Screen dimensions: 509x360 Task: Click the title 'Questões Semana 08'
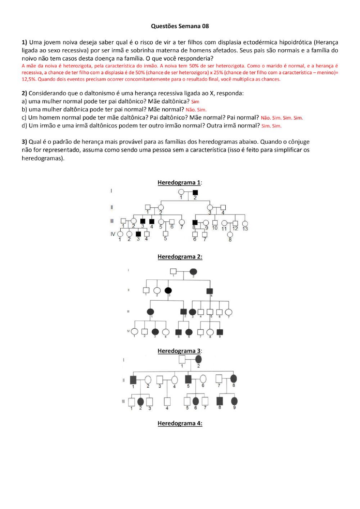180,26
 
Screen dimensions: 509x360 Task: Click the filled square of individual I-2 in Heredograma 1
195,192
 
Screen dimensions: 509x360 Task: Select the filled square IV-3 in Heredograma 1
138,234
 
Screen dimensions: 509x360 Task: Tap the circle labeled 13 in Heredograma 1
245,224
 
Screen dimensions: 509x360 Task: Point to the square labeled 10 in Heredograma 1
215,223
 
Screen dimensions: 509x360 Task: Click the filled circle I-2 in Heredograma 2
193,271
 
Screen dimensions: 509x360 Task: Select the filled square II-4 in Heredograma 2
210,291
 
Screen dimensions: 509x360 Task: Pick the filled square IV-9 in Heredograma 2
220,332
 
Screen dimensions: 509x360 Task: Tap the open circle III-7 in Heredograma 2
229,312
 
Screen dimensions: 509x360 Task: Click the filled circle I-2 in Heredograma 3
198,359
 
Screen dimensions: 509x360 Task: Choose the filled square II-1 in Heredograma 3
133,379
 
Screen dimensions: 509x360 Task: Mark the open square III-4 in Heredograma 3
167,401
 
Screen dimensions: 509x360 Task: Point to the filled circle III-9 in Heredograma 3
234,401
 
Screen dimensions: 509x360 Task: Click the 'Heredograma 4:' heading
180,423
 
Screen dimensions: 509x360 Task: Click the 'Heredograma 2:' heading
180,257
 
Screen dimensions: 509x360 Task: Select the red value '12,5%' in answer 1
29,79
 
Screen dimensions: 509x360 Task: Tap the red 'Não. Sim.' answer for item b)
196,110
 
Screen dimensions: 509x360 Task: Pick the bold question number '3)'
24,142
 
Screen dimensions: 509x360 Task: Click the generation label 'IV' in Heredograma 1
113,234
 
